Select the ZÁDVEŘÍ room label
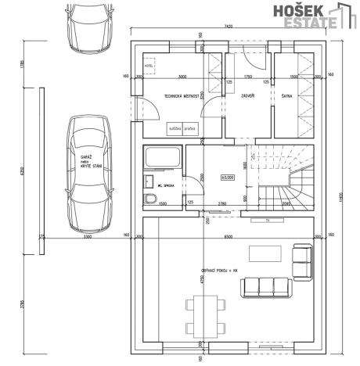click(x=249, y=98)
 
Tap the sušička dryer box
click(x=174, y=127)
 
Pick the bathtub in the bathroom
click(x=164, y=158)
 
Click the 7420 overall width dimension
click(x=228, y=26)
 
